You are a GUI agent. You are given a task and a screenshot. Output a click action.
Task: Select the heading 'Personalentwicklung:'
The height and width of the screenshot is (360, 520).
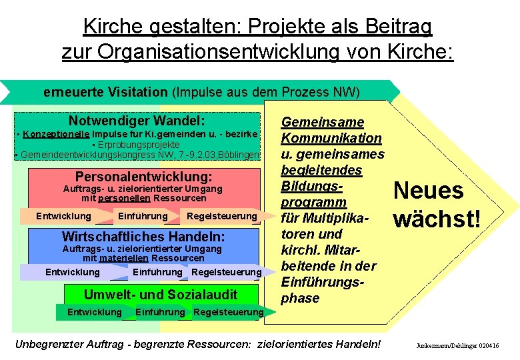(143, 177)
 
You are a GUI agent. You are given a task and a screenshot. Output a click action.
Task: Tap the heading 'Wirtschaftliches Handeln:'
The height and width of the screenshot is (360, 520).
(143, 237)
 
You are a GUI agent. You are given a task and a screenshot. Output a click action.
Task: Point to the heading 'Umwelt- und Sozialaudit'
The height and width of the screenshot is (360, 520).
(160, 294)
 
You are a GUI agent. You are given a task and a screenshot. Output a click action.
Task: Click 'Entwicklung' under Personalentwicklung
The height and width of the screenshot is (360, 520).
(63, 216)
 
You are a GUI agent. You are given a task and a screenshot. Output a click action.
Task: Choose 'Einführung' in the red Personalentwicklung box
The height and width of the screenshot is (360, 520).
(142, 216)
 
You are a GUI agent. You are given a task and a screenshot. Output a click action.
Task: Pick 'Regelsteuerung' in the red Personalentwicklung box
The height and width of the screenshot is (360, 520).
(221, 216)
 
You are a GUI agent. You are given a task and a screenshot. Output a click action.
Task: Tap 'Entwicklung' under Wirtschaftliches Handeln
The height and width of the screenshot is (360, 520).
(72, 272)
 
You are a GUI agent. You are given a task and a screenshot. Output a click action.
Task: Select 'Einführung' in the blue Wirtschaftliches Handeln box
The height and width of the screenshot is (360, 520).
(157, 272)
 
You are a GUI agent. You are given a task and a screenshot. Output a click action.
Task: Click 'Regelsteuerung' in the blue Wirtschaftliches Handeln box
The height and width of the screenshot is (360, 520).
(226, 272)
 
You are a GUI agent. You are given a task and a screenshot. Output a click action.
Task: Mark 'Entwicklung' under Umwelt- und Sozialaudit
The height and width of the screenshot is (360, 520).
(95, 312)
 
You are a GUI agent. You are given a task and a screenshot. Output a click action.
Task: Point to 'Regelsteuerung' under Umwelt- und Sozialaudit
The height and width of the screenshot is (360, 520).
(228, 312)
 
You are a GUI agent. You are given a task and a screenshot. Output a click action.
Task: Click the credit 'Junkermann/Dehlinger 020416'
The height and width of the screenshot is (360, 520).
(457, 346)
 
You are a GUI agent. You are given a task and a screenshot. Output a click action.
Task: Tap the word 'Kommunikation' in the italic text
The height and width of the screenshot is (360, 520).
(331, 138)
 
